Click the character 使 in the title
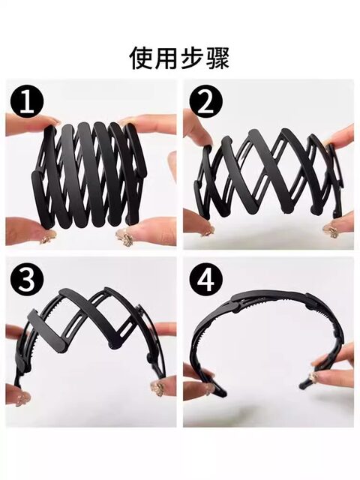click(141, 58)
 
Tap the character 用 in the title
click(166, 58)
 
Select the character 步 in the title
click(192, 58)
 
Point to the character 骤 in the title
click(217, 58)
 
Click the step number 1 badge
click(27, 101)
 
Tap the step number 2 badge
click(205, 101)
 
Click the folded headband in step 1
click(88, 176)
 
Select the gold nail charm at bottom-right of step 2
click(331, 230)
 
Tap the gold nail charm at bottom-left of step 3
click(22, 399)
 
